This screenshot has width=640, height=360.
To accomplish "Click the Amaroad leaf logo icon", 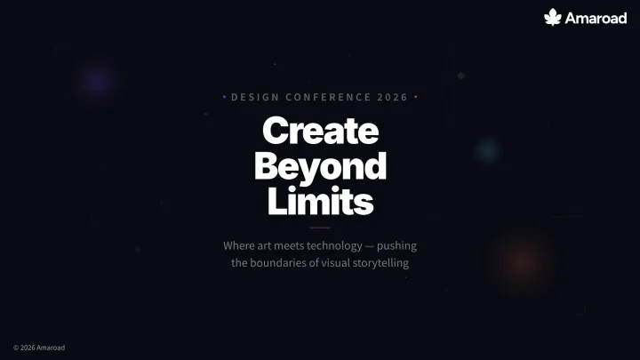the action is (x=553, y=17).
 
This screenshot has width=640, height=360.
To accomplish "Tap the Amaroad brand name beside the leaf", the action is (x=596, y=18).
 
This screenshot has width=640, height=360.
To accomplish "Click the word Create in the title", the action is (x=320, y=131).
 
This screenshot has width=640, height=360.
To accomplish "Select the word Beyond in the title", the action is (x=320, y=166).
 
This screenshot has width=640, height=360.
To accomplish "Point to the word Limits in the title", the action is (x=320, y=200).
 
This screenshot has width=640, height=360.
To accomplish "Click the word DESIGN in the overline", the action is (x=255, y=97).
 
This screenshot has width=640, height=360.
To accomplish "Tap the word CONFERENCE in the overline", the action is (x=328, y=97).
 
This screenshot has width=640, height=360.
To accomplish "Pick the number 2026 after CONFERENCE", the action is (x=393, y=97).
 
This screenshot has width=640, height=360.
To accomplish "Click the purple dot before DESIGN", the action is (x=225, y=97).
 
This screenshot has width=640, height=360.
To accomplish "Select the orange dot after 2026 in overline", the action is (x=416, y=97).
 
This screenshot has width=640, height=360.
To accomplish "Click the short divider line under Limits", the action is (x=320, y=228).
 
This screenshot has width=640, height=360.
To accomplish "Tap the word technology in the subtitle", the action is (x=334, y=245).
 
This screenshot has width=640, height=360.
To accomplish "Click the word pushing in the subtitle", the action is (x=396, y=246).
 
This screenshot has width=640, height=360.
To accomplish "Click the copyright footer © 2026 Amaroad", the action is (x=39, y=348).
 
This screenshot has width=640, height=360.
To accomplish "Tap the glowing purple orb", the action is (x=97, y=80).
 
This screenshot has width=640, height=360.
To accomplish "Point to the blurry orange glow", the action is (x=523, y=262).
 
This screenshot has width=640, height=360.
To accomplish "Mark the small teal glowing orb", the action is (x=488, y=150).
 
